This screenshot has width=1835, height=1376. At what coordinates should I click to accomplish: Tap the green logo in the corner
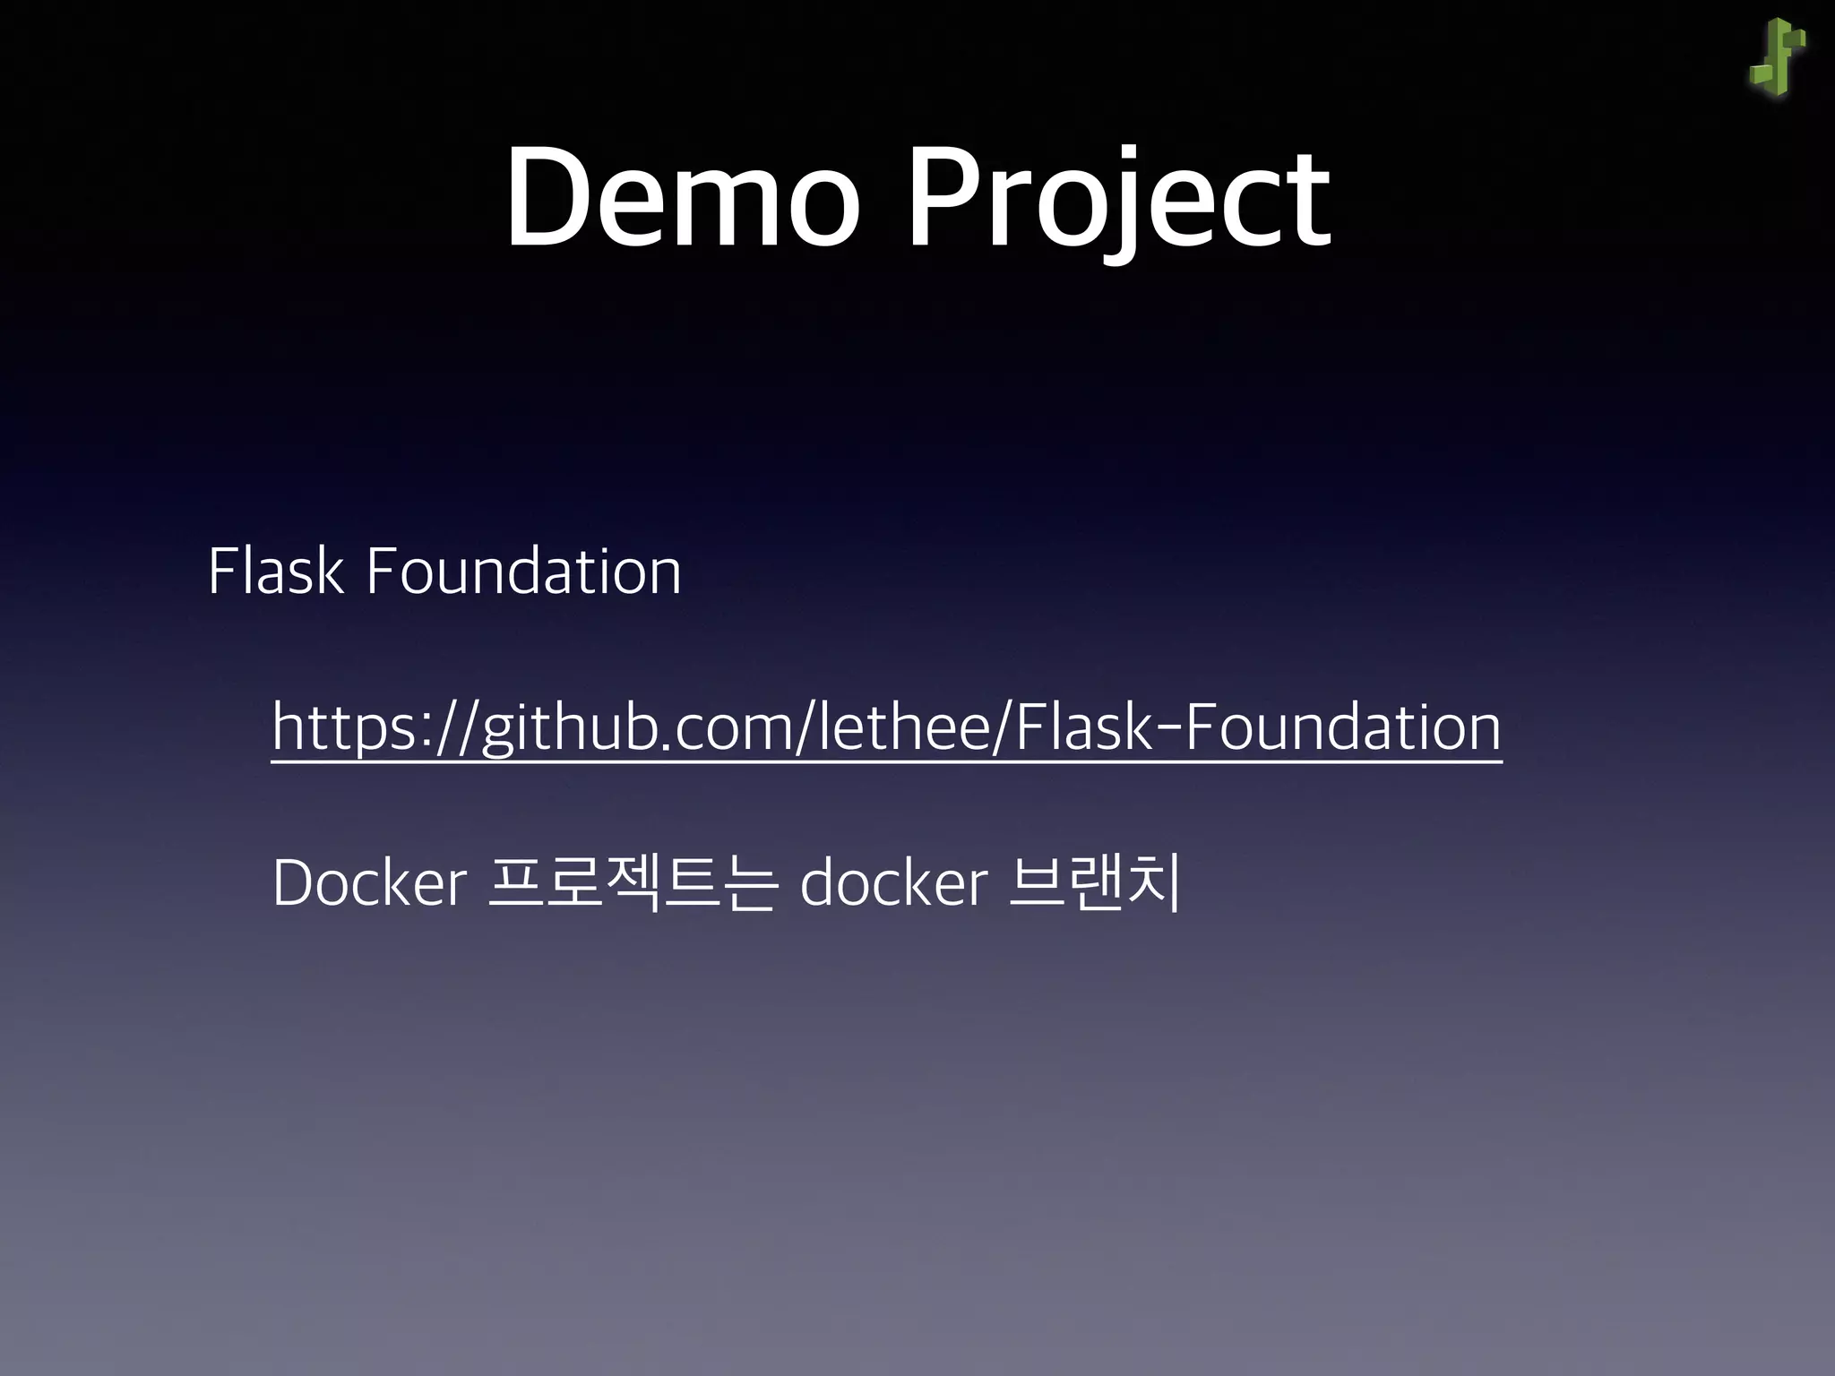point(1778,57)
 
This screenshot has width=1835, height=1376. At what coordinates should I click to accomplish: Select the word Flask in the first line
point(275,571)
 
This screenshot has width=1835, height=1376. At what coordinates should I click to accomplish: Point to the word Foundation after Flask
point(523,571)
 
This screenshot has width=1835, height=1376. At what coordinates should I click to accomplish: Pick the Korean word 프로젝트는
point(632,883)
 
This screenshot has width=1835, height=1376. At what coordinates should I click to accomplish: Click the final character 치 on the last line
point(1157,883)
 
